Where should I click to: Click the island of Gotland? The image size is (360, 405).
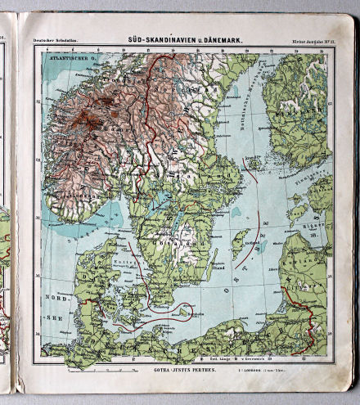coord(240,242)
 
